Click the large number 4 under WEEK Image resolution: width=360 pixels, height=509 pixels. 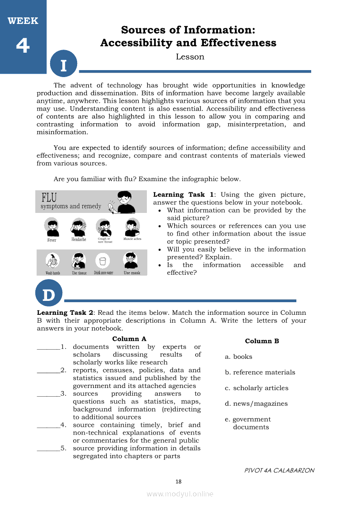(x=23, y=46)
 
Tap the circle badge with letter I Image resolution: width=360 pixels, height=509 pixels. (x=64, y=65)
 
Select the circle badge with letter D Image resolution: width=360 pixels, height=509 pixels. (x=49, y=294)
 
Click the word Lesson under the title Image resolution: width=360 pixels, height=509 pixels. (x=190, y=57)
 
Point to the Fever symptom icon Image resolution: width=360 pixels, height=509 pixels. (x=52, y=227)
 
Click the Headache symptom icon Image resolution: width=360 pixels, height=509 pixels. (x=78, y=226)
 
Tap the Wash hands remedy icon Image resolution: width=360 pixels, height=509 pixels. (x=52, y=261)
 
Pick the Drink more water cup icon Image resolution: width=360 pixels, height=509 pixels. (x=103, y=261)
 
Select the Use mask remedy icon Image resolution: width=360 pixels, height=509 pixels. (x=131, y=261)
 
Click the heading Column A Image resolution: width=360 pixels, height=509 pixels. (x=129, y=339)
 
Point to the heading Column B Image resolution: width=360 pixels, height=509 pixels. (x=262, y=341)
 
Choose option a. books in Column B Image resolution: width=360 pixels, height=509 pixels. (x=238, y=357)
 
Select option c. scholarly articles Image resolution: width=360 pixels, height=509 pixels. (x=256, y=388)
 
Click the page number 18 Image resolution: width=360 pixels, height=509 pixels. (x=178, y=482)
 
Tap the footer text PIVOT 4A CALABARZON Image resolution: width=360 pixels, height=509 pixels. (x=279, y=470)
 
